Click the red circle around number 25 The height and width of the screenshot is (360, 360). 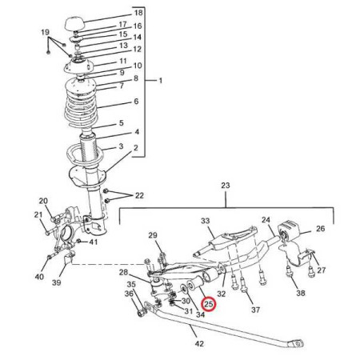point(209,304)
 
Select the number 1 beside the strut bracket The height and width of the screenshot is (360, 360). point(160,80)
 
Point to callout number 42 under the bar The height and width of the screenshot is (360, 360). point(199,343)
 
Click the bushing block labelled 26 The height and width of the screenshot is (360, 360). point(289,230)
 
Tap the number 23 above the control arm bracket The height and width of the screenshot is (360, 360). point(226,186)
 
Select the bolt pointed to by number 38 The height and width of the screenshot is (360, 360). point(289,271)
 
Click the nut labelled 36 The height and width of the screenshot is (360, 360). point(142,312)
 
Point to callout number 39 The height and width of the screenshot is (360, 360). point(56,282)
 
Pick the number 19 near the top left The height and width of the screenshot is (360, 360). point(45,32)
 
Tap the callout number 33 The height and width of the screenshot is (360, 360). point(206,221)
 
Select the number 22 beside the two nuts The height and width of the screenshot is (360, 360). point(139,195)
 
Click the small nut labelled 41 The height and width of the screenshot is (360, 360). point(78,241)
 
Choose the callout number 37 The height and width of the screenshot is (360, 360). point(255,310)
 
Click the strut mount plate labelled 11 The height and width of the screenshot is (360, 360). point(78,66)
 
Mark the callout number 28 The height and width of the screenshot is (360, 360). point(123,272)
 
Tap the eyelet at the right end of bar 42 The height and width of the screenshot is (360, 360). point(297,343)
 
